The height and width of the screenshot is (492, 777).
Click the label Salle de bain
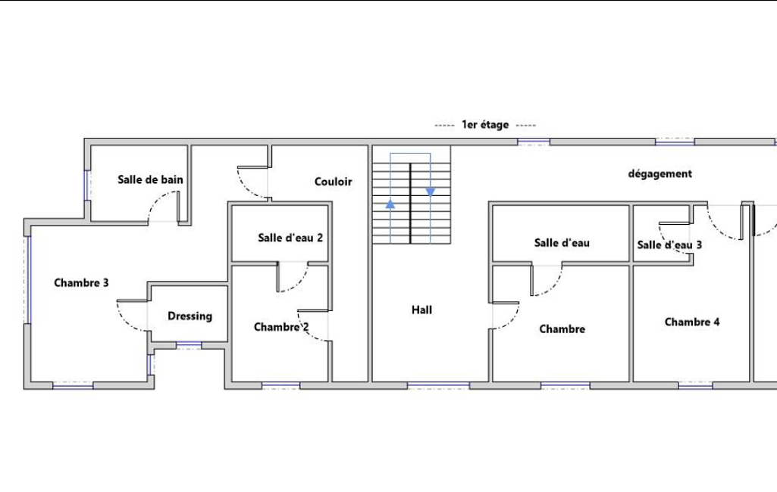pyautogui.click(x=150, y=179)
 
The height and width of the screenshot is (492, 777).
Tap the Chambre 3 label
pyautogui.click(x=81, y=282)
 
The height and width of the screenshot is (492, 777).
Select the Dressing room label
pyautogui.click(x=190, y=316)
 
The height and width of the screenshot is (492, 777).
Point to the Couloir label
pyautogui.click(x=333, y=182)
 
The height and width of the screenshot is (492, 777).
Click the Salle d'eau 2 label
pyautogui.click(x=290, y=238)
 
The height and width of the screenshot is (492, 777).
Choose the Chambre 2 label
pyautogui.click(x=281, y=327)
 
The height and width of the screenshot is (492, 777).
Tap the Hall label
pyautogui.click(x=421, y=310)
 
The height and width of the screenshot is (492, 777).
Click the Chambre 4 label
pyautogui.click(x=692, y=322)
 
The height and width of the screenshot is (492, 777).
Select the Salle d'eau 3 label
pyautogui.click(x=669, y=245)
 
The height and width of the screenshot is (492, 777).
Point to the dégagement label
pyautogui.click(x=660, y=174)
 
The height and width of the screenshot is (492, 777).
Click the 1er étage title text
pyautogui.click(x=485, y=125)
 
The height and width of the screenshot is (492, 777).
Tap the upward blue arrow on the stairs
pyautogui.click(x=390, y=204)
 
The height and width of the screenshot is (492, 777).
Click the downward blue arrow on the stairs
pyautogui.click(x=430, y=192)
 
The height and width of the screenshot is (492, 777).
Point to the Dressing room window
pyautogui.click(x=190, y=344)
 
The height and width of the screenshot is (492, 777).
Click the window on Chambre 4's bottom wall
pyautogui.click(x=695, y=385)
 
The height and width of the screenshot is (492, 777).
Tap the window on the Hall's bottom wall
pyautogui.click(x=438, y=385)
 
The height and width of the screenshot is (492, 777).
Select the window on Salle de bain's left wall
pyautogui.click(x=87, y=185)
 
